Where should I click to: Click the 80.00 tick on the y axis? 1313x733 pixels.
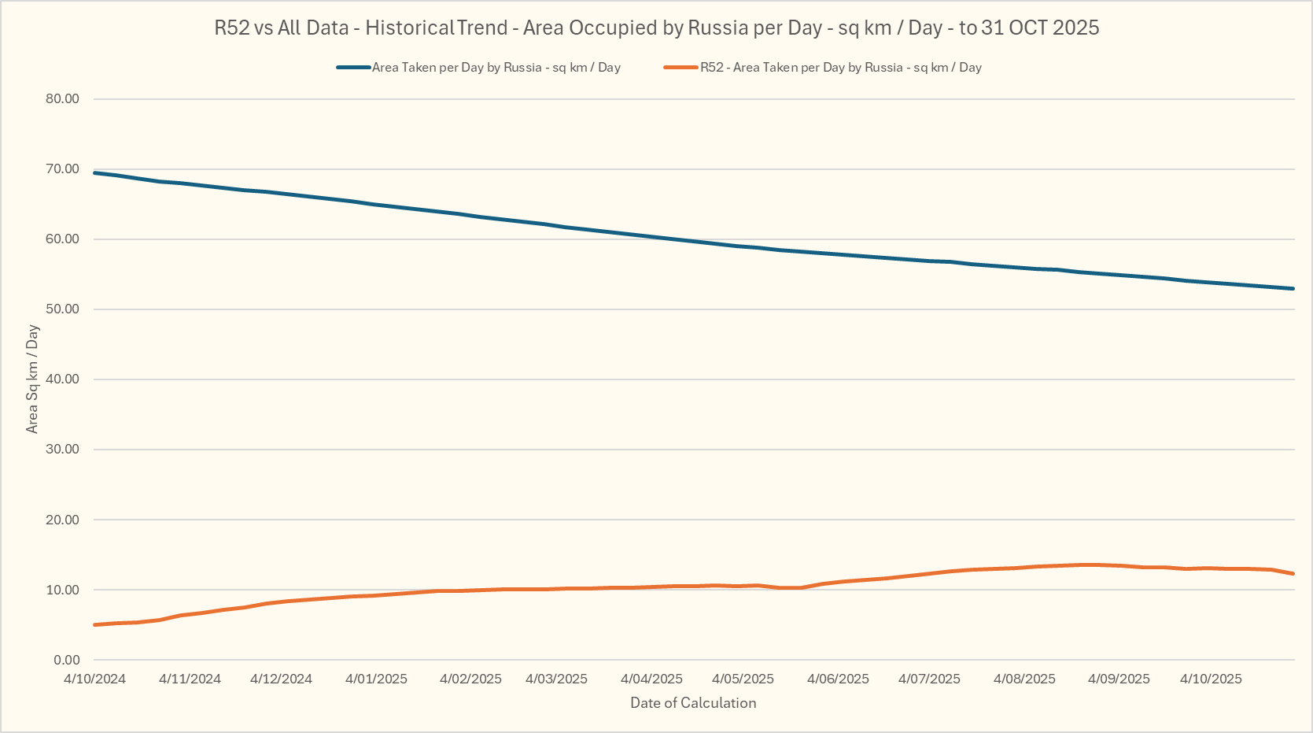tap(63, 99)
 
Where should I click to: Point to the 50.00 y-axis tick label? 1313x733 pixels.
tap(63, 309)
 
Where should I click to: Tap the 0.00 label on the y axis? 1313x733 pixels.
tap(67, 661)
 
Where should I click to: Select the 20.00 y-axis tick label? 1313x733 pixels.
tap(63, 520)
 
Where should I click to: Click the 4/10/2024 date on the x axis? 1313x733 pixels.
tap(94, 679)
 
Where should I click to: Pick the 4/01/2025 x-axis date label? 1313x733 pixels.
tap(376, 679)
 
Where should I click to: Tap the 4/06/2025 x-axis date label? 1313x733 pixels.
tap(838, 679)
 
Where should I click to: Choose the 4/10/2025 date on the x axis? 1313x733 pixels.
tap(1211, 679)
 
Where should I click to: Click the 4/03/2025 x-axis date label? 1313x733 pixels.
tap(556, 679)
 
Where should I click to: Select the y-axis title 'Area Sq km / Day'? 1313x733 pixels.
tap(32, 379)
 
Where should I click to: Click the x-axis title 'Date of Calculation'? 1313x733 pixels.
tap(693, 703)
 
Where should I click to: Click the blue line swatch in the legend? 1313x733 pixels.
tap(353, 68)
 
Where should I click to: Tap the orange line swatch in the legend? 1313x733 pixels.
tap(681, 68)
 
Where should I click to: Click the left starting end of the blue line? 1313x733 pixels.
tap(94, 172)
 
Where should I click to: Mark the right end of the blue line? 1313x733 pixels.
tap(1293, 289)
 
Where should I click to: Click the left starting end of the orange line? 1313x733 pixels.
tap(94, 625)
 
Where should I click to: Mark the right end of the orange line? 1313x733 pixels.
tap(1293, 574)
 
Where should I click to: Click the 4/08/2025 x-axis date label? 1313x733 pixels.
tap(1024, 679)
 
